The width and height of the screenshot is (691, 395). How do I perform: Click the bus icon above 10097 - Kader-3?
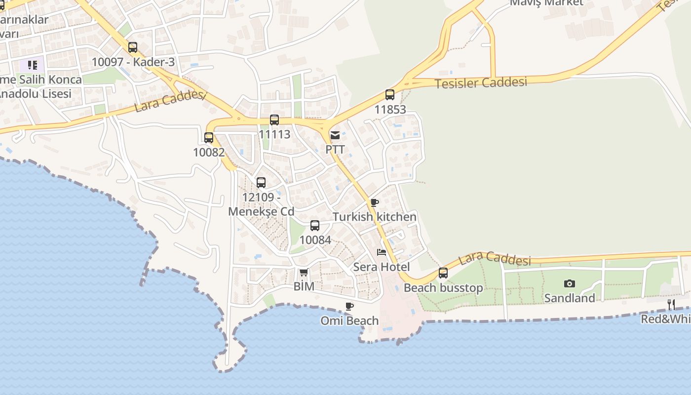[132, 47]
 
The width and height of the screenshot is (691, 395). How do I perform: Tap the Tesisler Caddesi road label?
[481, 82]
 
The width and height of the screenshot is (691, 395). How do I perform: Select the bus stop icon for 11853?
[390, 95]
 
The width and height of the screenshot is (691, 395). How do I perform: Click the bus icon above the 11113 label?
[274, 120]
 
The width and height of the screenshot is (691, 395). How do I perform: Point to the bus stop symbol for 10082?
[209, 138]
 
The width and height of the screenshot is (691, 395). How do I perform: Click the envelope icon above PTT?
[335, 135]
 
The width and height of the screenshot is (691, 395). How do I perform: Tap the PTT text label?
[335, 149]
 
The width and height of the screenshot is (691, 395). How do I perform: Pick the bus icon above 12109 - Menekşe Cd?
[261, 183]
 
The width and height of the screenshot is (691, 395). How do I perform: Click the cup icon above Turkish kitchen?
[375, 202]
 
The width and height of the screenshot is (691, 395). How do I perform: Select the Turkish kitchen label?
[375, 217]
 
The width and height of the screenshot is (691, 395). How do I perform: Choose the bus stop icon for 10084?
[315, 226]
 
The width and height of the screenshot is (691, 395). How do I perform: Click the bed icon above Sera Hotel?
[382, 252]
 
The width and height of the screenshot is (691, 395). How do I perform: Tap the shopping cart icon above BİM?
[304, 272]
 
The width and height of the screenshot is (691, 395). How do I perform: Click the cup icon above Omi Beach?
[349, 306]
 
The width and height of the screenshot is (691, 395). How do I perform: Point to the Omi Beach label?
[349, 321]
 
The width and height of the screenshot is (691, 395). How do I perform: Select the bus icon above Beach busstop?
[443, 273]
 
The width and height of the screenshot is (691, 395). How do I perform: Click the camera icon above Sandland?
[570, 283]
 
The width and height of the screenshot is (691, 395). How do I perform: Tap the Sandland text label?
[570, 298]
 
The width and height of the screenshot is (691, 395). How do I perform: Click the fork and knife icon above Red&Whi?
[671, 304]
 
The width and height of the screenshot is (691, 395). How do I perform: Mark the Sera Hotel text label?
[382, 267]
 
